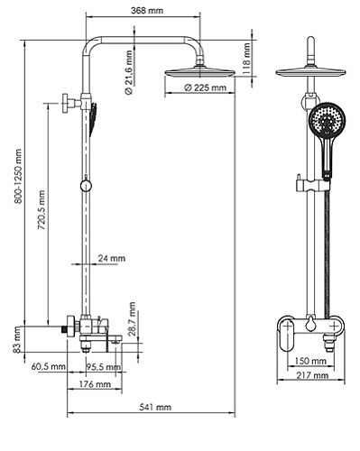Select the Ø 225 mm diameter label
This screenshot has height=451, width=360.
[x=204, y=87]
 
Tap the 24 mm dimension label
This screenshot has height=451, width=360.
[x=112, y=258]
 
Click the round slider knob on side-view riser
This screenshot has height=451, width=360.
[x=84, y=186]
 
